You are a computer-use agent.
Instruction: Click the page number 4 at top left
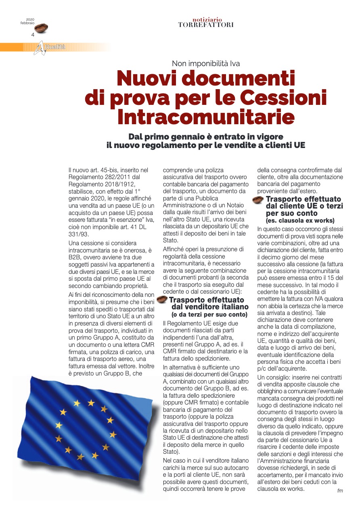[33, 35]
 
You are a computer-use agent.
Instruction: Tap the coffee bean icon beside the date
[42, 28]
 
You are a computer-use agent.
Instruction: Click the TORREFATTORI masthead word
[206, 25]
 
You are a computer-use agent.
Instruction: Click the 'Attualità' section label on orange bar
[54, 48]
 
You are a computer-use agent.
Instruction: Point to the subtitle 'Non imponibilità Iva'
[206, 63]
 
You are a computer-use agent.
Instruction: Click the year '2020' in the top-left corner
[30, 19]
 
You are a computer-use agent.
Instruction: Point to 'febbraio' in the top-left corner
[27, 23]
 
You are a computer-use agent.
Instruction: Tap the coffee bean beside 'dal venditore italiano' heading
[162, 299]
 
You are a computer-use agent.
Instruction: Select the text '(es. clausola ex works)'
[300, 221]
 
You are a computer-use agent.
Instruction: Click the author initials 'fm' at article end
[340, 490]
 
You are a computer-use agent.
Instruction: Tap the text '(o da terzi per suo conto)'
[209, 314]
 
